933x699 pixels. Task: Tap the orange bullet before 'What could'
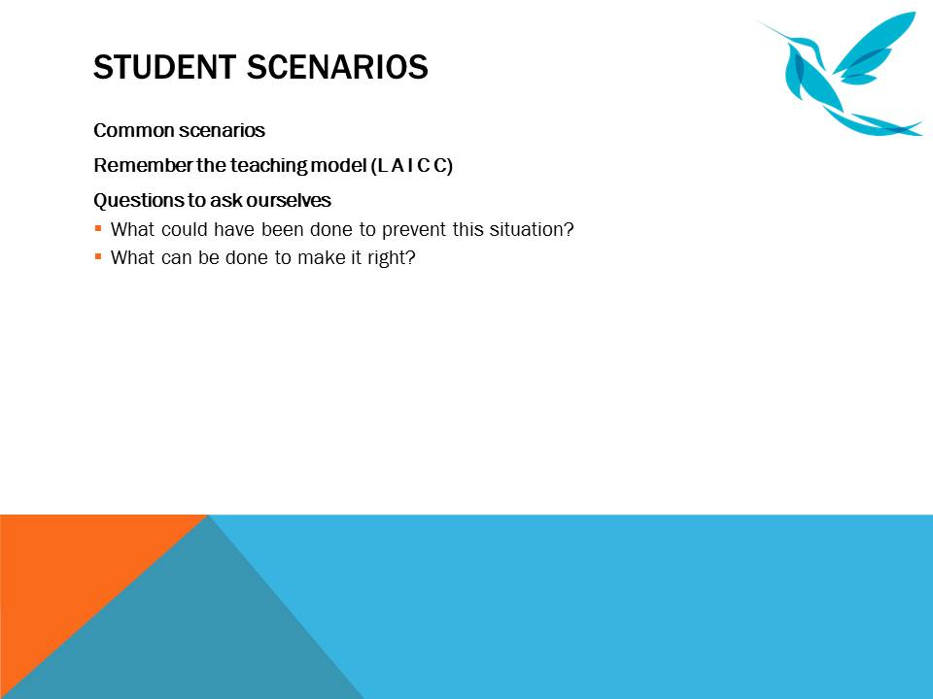click(x=98, y=228)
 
